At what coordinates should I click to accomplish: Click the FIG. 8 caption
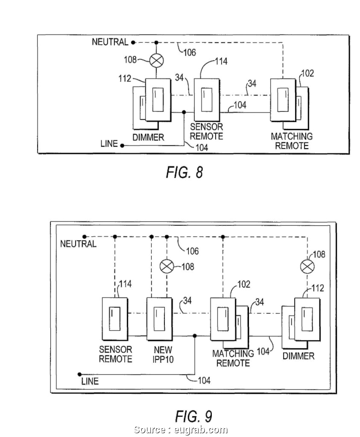[185, 173]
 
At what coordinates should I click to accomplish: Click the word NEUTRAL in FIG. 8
[110, 42]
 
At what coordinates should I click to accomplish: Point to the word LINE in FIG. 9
[90, 381]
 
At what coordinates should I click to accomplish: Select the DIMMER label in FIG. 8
[148, 137]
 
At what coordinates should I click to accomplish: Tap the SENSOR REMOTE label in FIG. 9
[116, 354]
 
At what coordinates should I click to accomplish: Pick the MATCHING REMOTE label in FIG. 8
[291, 141]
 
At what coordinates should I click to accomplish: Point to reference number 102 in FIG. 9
[243, 284]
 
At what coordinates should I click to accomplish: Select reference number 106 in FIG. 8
[189, 52]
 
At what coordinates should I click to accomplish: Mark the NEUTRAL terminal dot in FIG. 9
[85, 237]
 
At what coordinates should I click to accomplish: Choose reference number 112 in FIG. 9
[318, 289]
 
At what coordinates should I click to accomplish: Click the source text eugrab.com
[180, 430]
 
